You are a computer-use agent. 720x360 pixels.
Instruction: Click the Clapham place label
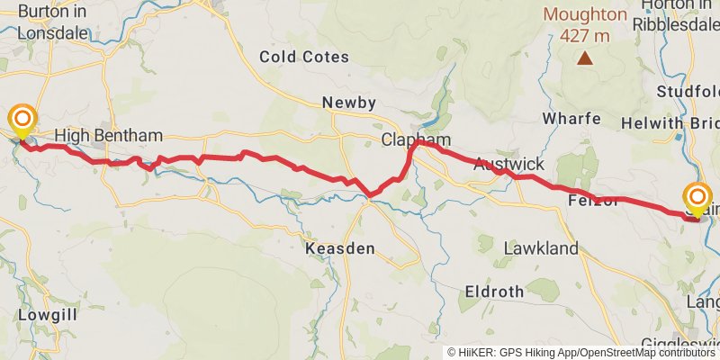coord(416,140)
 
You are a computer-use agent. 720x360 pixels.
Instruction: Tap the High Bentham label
coord(108,136)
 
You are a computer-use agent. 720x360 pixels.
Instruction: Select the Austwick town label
coord(508,165)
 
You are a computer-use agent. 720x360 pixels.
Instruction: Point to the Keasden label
coord(340,248)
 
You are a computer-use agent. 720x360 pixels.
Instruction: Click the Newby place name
coord(349,103)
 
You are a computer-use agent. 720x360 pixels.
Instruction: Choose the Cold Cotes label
coord(304,57)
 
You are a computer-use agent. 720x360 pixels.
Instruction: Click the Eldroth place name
coord(494,292)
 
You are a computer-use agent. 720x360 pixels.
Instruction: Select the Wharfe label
coord(571,120)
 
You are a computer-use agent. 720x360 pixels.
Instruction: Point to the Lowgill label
coord(47,316)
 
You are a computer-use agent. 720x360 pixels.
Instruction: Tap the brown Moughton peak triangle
coord(585,58)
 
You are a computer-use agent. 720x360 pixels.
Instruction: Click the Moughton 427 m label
coord(585,24)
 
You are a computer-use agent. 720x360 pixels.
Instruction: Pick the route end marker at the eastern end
coord(698,199)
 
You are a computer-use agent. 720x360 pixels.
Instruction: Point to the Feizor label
coord(593,201)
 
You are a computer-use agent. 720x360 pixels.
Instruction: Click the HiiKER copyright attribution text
coord(581,353)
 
